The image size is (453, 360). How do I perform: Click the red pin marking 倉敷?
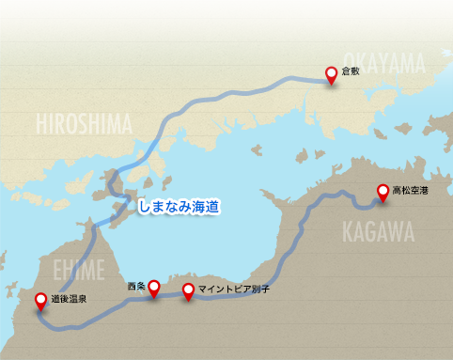click(x=331, y=75)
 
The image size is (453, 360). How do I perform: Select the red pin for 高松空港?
click(x=383, y=192)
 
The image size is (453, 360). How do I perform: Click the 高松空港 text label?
click(x=410, y=190)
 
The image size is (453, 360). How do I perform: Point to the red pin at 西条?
click(x=153, y=289)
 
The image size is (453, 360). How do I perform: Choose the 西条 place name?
click(x=136, y=283)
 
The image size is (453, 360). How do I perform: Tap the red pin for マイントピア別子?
click(x=189, y=290)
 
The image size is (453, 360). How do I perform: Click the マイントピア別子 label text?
click(x=235, y=290)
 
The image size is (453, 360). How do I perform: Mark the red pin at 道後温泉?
click(x=40, y=301)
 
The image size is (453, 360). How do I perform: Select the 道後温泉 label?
click(x=70, y=300)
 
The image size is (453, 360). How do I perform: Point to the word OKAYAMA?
click(x=383, y=62)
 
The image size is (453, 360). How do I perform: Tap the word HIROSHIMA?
click(x=85, y=123)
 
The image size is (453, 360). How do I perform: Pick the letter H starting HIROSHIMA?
click(x=40, y=123)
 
